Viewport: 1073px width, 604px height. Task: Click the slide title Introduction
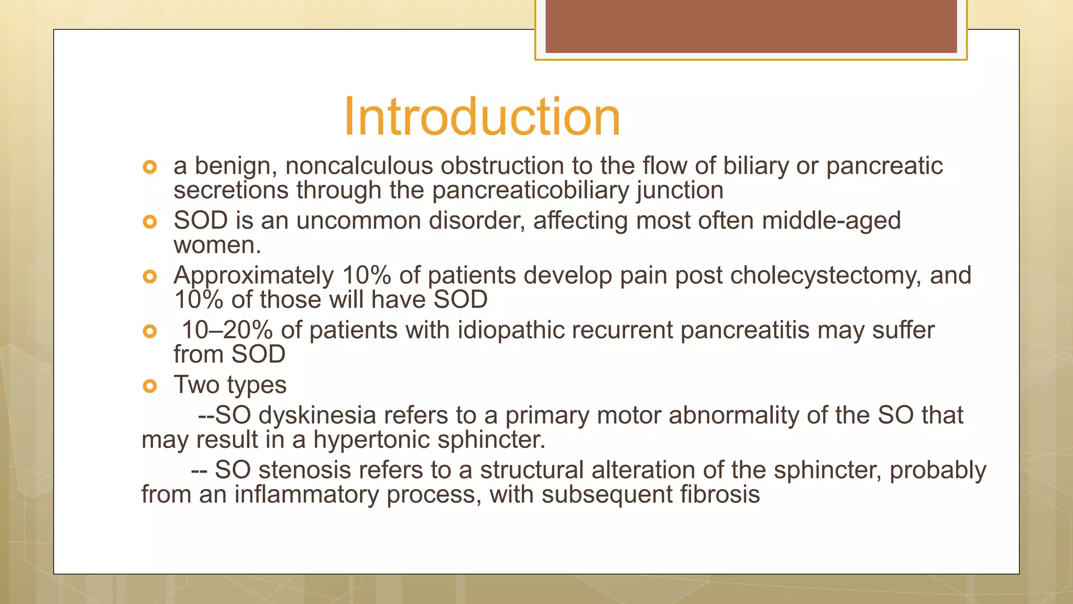(481, 116)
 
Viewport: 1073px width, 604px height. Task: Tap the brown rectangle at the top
(751, 26)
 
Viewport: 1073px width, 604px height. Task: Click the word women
(215, 245)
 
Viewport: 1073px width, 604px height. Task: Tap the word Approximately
(254, 276)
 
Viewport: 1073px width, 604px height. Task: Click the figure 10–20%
(227, 330)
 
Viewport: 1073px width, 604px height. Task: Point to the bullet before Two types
(150, 386)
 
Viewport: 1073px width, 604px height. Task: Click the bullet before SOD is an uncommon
(150, 222)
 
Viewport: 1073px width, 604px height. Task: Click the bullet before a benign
(150, 167)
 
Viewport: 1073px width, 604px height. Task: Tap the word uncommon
(358, 221)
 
